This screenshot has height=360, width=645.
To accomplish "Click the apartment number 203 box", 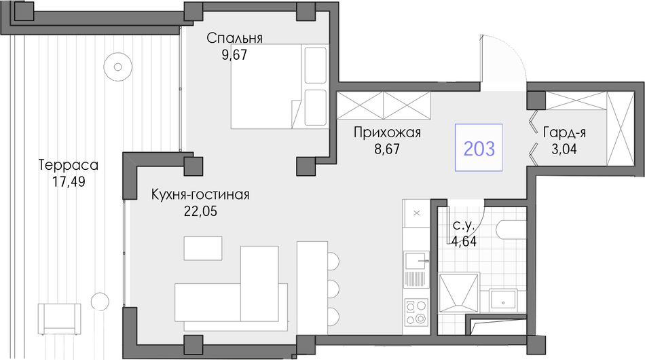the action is point(479,147).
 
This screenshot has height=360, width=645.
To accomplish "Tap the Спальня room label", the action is point(234,38).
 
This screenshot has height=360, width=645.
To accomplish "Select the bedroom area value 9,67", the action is point(234,55).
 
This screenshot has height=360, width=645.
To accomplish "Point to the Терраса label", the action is point(69,165).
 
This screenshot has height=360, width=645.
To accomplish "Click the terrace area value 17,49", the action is point(69,181).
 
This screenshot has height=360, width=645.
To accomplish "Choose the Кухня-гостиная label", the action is point(200,195).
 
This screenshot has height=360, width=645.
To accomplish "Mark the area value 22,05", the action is point(200,211).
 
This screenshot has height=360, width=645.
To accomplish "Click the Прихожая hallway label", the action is point(387,133).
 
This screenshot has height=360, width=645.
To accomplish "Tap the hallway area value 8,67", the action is point(387,149).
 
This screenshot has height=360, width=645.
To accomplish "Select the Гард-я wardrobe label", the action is point(564,133).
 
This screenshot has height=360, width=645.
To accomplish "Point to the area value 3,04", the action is point(564,149).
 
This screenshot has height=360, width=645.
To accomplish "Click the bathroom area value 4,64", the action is point(464,241).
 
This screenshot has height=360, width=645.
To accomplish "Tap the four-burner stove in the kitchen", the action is point(416,312).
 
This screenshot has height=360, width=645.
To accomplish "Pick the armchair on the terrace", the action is point(59,319).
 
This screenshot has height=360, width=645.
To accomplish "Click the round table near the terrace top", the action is point(118,67).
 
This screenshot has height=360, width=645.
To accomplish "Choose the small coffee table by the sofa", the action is point(203,248).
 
